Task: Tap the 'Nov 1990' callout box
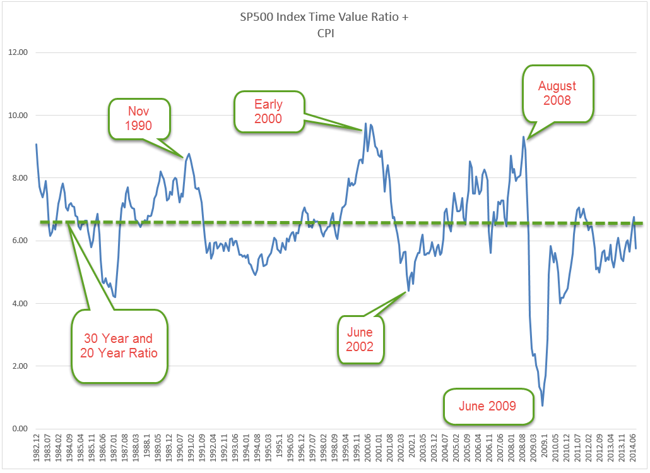pos(139,118)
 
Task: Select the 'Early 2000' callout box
pos(268,112)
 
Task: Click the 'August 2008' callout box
pos(557,93)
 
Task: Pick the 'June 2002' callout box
pos(360,339)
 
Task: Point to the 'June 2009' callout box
pos(488,406)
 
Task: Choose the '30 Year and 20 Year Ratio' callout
pos(119,345)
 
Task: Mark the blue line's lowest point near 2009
pos(543,405)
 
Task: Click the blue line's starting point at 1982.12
pos(37,145)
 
